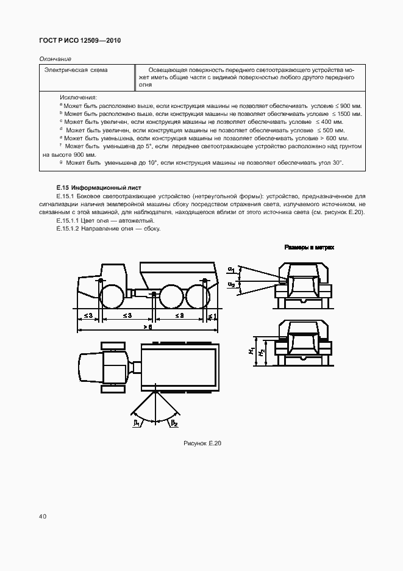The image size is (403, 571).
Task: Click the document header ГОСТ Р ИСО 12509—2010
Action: [80, 41]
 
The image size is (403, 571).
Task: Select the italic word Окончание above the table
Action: [55, 59]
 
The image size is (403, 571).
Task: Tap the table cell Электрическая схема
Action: [75, 70]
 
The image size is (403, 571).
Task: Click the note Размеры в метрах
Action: [309, 248]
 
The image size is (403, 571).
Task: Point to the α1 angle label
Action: [231, 269]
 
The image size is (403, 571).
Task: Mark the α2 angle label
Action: [231, 284]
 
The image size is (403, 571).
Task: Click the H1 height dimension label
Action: [251, 351]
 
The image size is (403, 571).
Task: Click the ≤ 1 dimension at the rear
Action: [211, 315]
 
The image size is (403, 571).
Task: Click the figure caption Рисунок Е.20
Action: [202, 444]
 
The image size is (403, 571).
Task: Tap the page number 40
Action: [43, 516]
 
